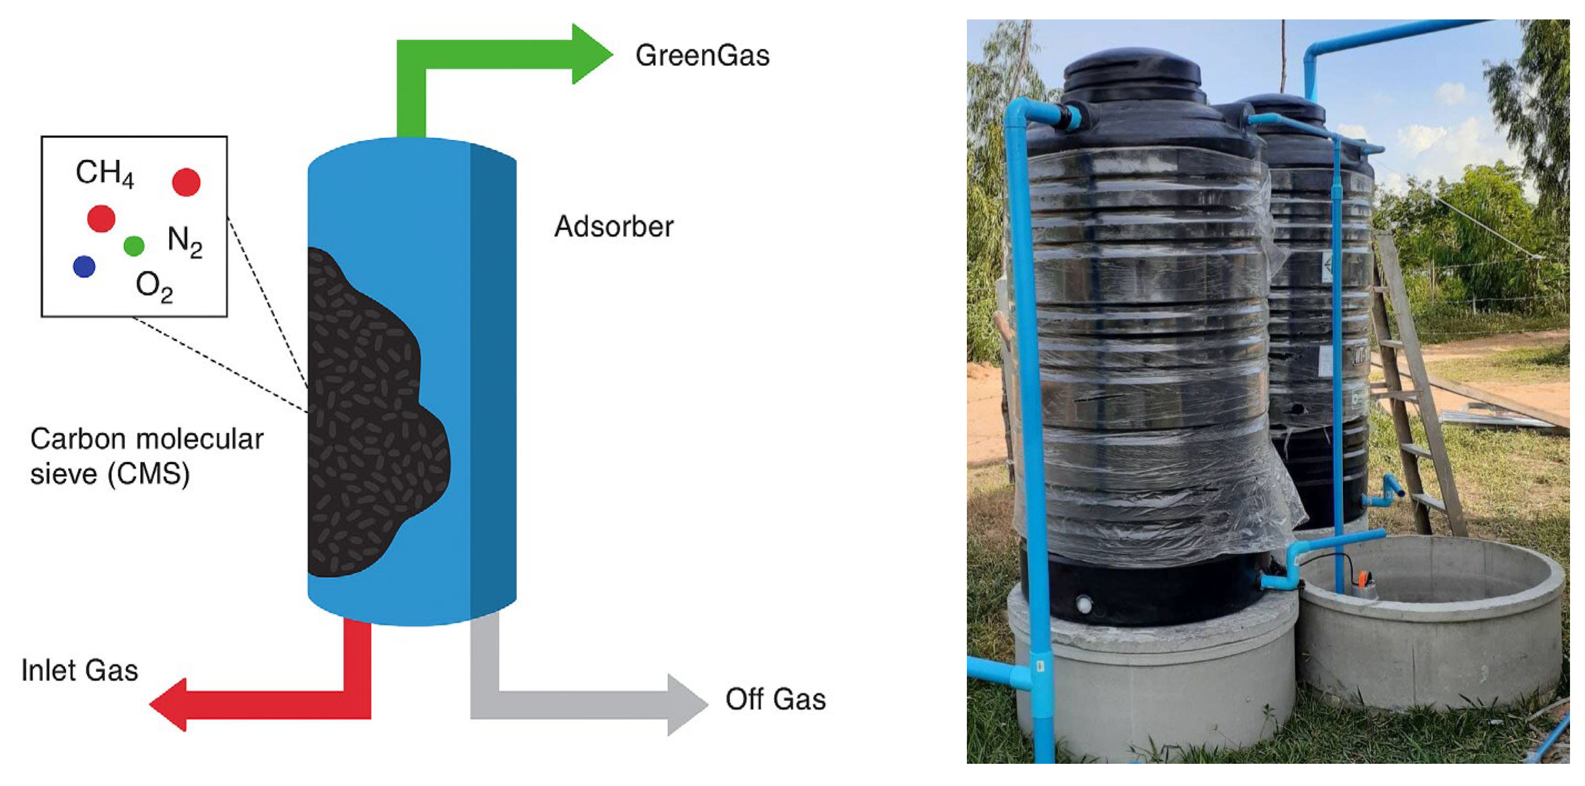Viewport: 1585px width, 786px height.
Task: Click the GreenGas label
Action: (x=702, y=56)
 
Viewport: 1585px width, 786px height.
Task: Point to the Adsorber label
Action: (x=614, y=226)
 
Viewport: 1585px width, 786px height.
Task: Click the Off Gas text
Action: (x=775, y=699)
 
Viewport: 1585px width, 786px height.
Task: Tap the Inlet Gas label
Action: (x=79, y=671)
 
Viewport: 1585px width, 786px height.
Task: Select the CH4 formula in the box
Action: (x=104, y=173)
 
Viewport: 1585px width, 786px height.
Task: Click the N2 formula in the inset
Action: (x=184, y=240)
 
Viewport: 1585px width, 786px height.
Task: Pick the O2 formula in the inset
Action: (x=154, y=286)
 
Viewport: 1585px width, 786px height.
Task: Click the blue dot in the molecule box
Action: (x=84, y=267)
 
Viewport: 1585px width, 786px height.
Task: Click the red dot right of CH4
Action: (x=186, y=182)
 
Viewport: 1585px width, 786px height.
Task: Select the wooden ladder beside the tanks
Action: (x=1415, y=381)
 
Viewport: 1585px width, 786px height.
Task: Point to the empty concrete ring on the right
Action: (x=1433, y=621)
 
